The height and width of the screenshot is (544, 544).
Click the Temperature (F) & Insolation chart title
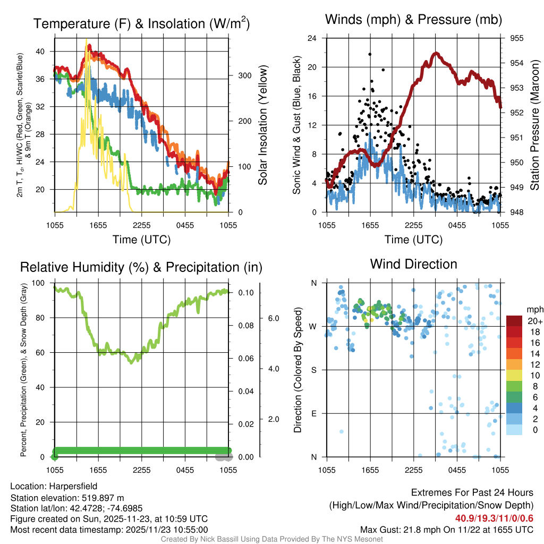[x=141, y=23]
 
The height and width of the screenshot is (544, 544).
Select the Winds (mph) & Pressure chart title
[x=413, y=20]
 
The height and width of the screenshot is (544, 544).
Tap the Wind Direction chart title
[x=413, y=264]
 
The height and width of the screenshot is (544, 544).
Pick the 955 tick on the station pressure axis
[x=517, y=38]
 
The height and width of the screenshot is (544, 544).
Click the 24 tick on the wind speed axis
[x=312, y=38]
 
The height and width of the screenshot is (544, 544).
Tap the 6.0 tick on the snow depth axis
[x=273, y=318]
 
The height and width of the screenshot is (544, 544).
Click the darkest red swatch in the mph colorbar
[x=514, y=321]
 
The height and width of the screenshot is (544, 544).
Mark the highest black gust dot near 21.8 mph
[x=370, y=54]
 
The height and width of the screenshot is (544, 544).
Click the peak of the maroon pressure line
[x=436, y=53]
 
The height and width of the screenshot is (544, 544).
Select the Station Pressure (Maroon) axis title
[x=535, y=125]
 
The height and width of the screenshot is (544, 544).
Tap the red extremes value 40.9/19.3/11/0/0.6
[x=494, y=518]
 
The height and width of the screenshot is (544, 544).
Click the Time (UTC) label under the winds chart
[x=413, y=240]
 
